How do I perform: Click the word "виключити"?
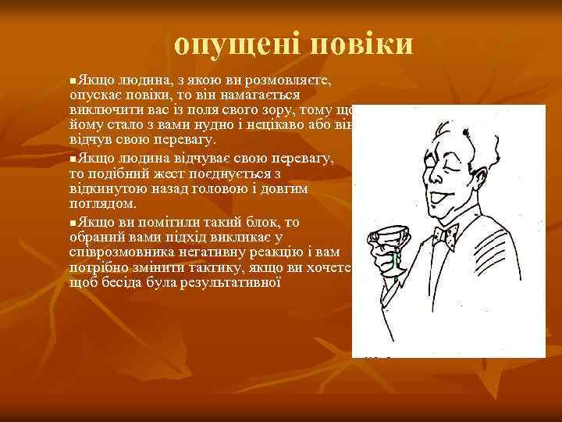tap(101, 109)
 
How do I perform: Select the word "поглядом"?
tap(102, 203)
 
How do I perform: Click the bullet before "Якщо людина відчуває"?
tap(73, 159)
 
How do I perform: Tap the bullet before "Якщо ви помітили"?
tap(73, 224)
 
